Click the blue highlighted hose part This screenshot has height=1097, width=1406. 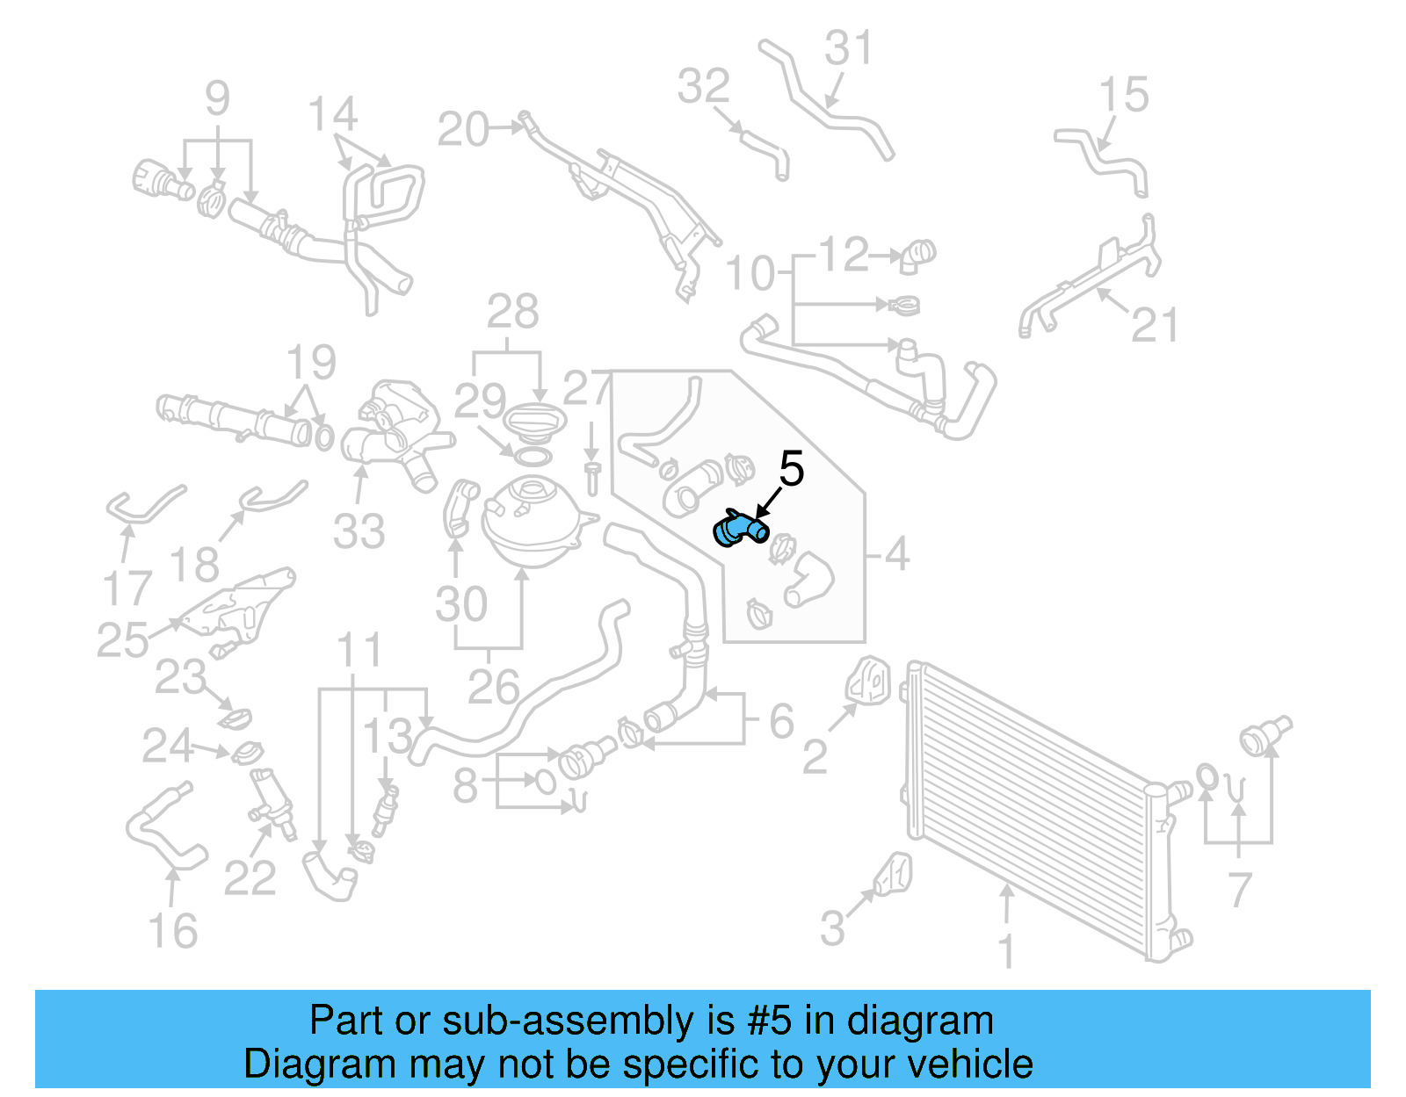point(739,528)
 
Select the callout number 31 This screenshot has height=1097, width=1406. point(849,48)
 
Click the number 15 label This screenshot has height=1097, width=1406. point(1123,95)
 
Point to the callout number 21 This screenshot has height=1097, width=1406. point(1154,325)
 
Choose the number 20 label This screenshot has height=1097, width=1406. point(463,130)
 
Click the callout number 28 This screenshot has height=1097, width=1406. point(513,312)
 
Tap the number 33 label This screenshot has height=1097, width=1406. point(359,531)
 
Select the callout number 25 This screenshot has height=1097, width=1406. point(122,640)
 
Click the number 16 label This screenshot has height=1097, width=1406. point(172,931)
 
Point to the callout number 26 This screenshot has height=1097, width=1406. point(493,687)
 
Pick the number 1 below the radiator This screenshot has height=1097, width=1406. point(1007,952)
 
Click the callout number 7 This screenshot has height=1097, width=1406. point(1239,889)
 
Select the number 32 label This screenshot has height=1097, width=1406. point(704,86)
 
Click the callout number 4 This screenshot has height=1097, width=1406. point(896,553)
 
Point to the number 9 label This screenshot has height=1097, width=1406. point(217,98)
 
